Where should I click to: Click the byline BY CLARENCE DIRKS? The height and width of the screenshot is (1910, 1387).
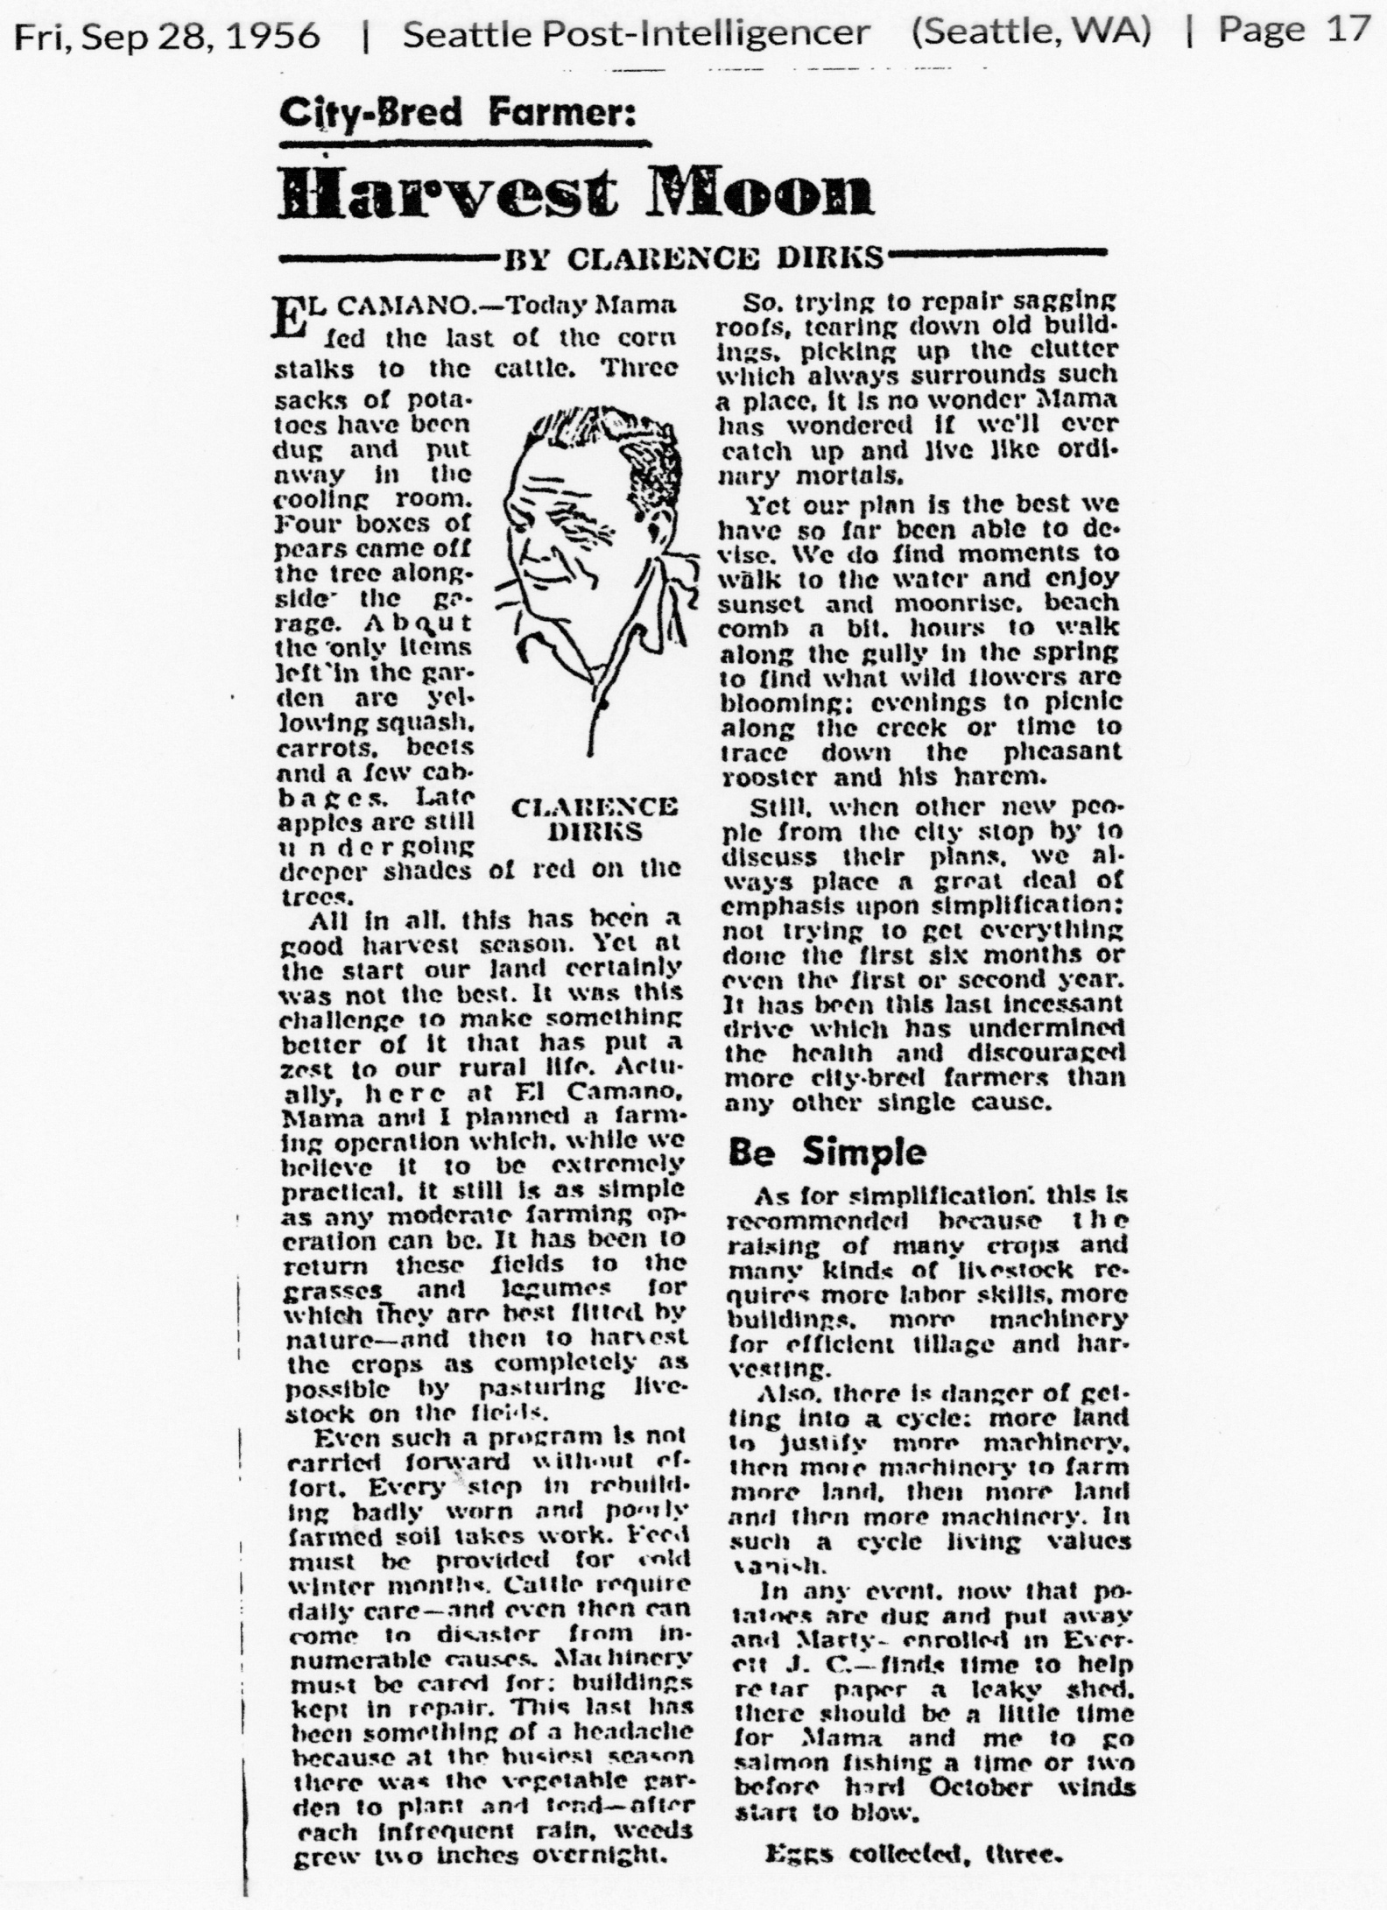[x=691, y=258]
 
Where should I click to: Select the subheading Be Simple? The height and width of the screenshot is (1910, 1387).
[x=827, y=1152]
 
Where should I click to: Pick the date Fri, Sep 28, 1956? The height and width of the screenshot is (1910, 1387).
[x=168, y=34]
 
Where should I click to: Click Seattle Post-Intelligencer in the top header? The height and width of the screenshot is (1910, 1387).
[x=637, y=33]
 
